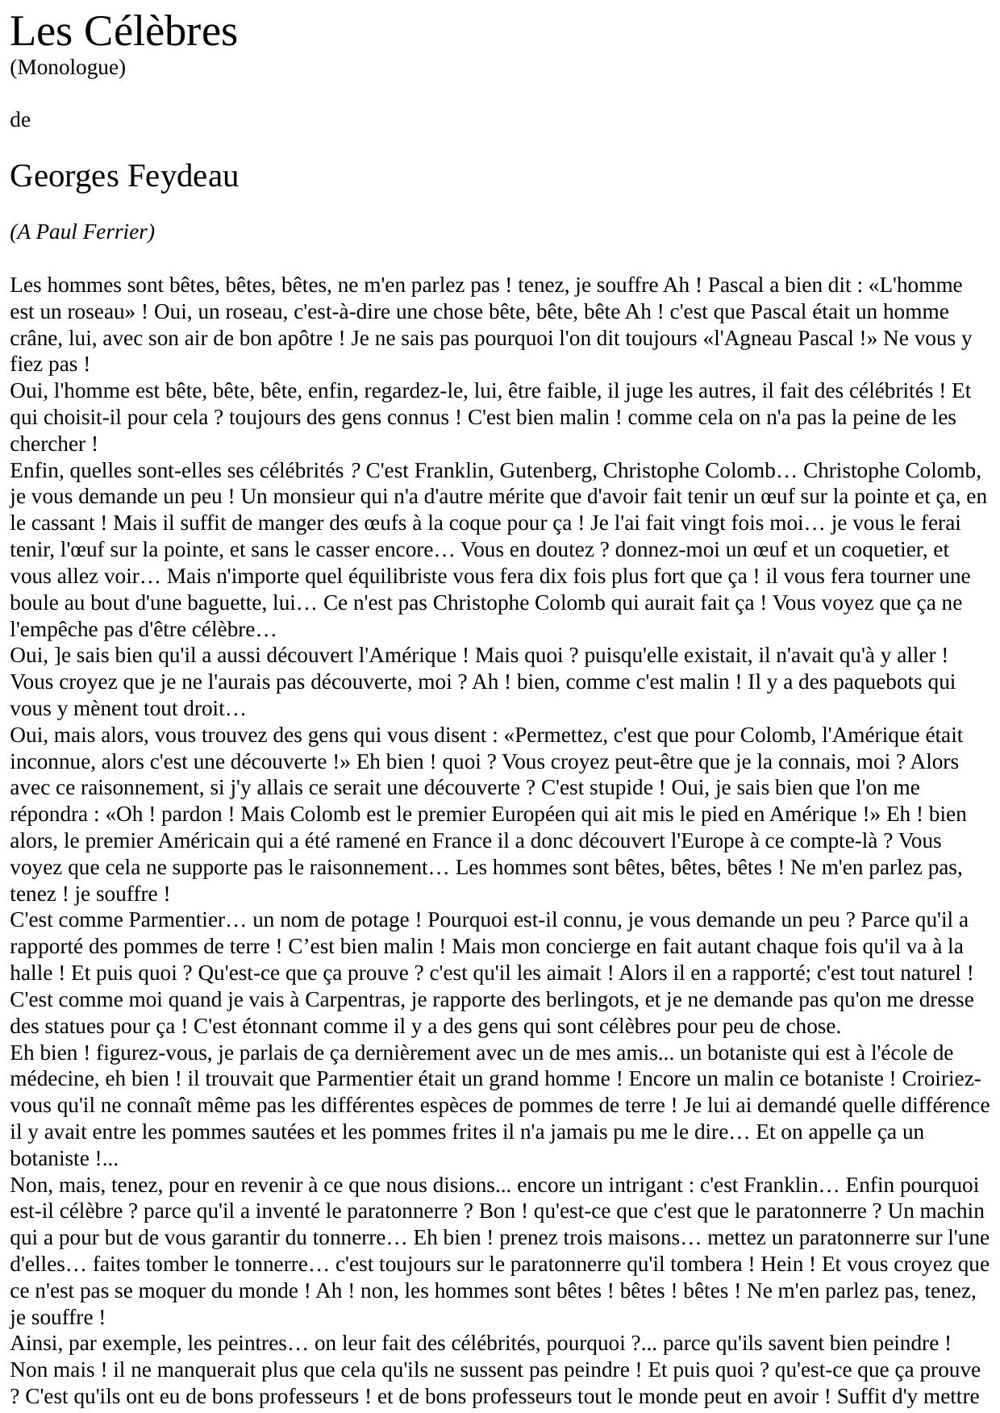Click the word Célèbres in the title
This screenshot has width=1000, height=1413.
[x=160, y=32]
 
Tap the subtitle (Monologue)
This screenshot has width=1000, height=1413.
[x=68, y=68]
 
